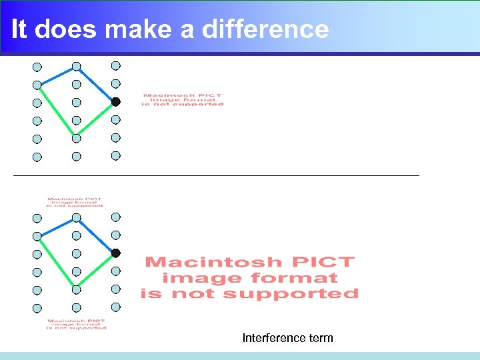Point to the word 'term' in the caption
(x=321, y=338)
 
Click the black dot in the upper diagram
(x=115, y=102)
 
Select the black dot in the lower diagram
(x=115, y=253)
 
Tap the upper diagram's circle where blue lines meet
(x=77, y=66)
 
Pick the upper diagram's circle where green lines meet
(x=76, y=139)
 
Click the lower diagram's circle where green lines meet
(x=76, y=290)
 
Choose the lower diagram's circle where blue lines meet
(x=77, y=217)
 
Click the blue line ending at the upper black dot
(x=97, y=85)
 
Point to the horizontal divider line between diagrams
(x=216, y=175)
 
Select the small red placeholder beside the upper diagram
(x=183, y=99)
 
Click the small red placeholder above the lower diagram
(x=75, y=202)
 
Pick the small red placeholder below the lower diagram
(x=77, y=324)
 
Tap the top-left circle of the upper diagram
(x=37, y=67)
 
